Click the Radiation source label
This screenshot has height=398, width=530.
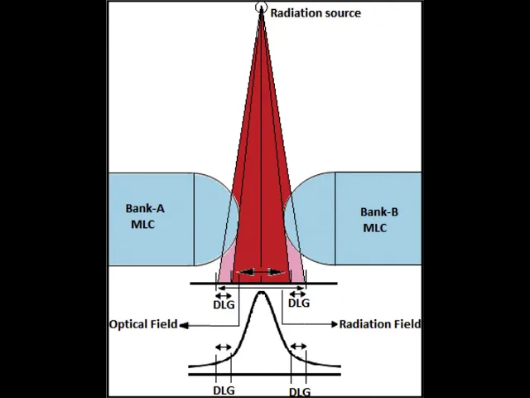coord(316,13)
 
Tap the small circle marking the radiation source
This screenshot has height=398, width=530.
coord(262,8)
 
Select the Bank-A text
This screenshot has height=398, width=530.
coord(145,209)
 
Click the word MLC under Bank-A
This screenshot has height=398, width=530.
coord(142,224)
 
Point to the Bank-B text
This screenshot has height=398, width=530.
coord(379,212)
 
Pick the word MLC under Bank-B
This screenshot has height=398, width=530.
coord(375,227)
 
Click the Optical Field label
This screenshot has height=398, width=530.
coord(143,324)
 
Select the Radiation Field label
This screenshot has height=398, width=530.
coord(380,324)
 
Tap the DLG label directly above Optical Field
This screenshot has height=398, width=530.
coord(224,304)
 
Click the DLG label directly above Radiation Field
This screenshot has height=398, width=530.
coord(299,303)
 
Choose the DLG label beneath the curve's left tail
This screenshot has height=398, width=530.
coord(224,390)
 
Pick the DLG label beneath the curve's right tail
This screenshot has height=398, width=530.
coord(300,391)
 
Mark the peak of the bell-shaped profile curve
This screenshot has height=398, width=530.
coord(262,293)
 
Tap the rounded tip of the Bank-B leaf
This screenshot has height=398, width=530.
coord(286,219)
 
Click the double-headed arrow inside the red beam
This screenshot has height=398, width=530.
coord(262,272)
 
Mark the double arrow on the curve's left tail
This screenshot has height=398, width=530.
coord(224,347)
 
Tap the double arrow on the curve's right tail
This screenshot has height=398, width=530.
coord(299,347)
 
